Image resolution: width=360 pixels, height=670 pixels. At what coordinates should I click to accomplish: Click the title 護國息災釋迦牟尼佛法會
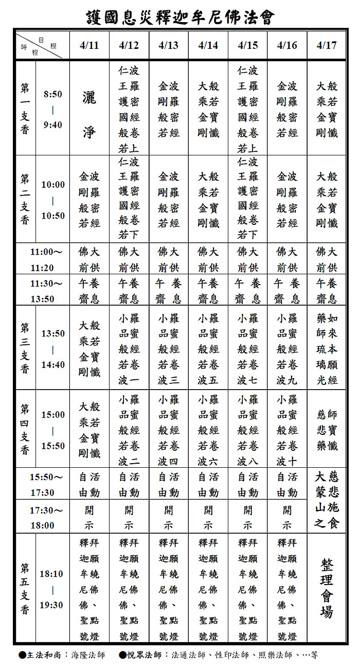coord(180,17)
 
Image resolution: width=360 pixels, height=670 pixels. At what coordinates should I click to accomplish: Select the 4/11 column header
coord(89,45)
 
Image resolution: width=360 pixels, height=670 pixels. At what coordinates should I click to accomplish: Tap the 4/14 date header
coord(208,45)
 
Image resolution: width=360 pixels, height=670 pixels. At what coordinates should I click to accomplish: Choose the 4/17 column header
coord(327,45)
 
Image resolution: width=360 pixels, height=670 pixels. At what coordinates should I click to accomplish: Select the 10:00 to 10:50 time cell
coord(53,200)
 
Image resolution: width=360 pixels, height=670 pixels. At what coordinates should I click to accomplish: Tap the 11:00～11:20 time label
coord(46,259)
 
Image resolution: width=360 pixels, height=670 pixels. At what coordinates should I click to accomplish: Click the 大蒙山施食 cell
coord(327,500)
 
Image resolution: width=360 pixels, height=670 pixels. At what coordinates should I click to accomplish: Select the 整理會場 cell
coord(327,589)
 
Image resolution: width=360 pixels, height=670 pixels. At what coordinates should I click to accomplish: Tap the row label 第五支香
coord(25,589)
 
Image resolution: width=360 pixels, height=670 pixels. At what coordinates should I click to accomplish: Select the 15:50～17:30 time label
coord(46,484)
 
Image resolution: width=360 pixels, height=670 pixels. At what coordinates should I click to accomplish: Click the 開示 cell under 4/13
coord(169,517)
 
